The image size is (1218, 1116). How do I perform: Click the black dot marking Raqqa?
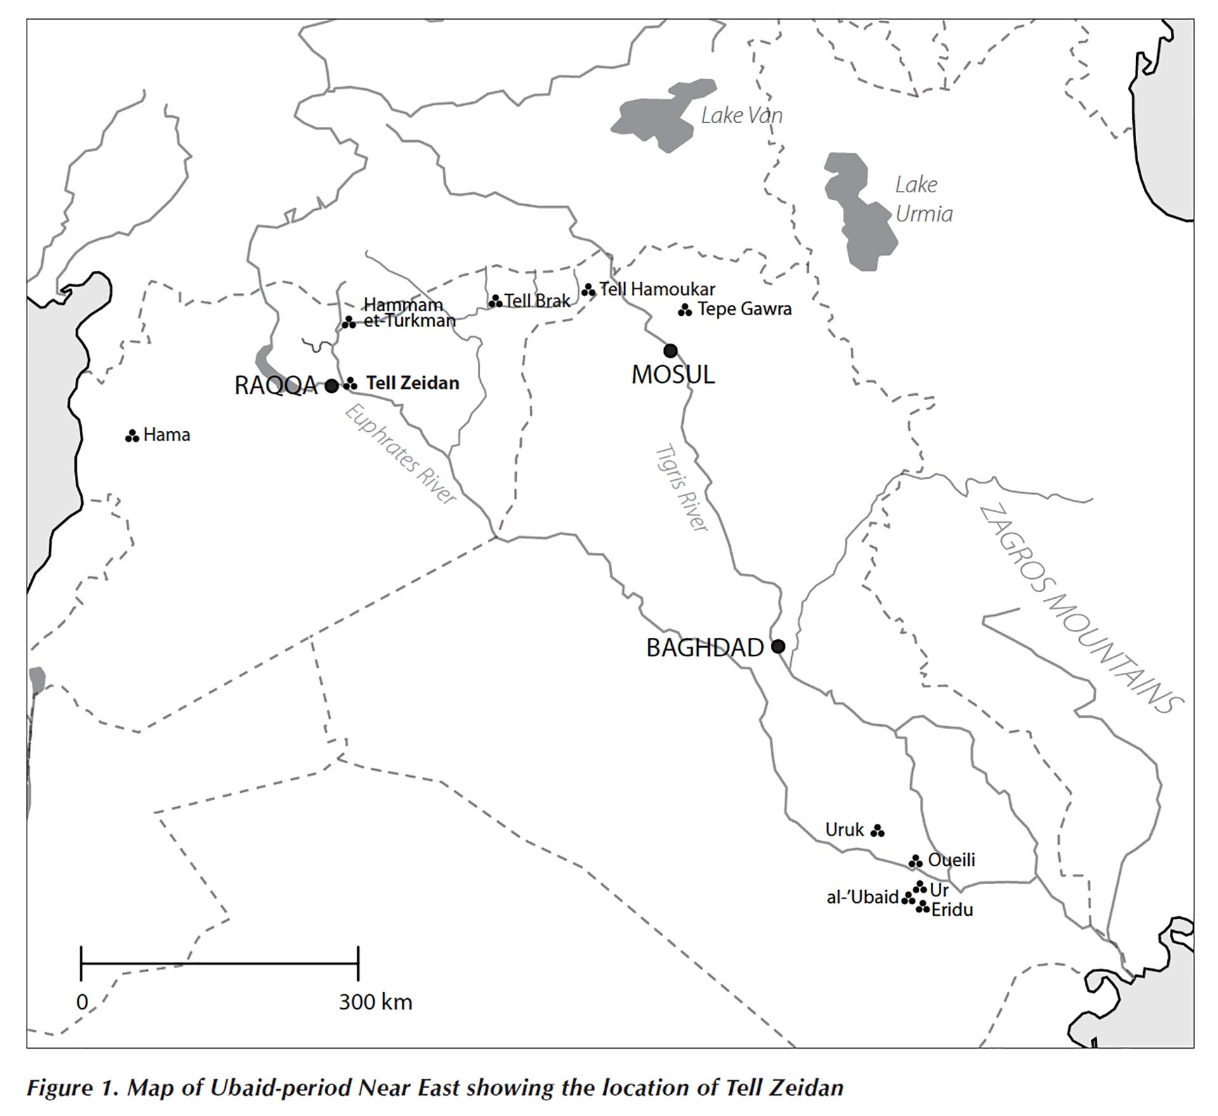pos(331,386)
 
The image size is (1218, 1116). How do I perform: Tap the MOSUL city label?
pos(673,375)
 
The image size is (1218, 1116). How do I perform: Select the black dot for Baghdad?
pos(778,647)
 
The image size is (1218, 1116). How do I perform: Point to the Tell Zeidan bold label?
pos(412,383)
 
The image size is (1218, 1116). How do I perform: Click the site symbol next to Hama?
pos(132,436)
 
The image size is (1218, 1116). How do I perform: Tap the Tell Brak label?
pos(537,301)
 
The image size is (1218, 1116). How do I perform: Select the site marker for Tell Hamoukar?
pos(589,290)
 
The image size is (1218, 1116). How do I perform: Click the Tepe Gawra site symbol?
pos(684,310)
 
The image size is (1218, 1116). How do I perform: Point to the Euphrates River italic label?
pos(400,455)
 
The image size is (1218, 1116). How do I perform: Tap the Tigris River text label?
pos(681,487)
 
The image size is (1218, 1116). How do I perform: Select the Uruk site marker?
pos(877,831)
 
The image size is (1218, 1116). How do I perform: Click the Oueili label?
pos(951,860)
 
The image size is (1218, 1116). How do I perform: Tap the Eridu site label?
pos(952,910)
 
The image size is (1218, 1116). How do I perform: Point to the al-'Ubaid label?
pos(862,897)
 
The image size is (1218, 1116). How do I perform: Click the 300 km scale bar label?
pos(375,1002)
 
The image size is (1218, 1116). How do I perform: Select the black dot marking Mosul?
pos(670,351)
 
